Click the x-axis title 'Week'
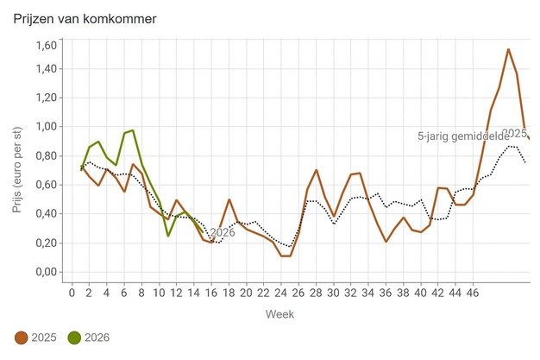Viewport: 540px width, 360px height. coord(279,313)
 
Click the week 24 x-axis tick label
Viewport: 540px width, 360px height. coord(281,292)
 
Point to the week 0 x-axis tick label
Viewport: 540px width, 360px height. coord(72,292)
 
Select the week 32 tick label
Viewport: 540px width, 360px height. coord(351,292)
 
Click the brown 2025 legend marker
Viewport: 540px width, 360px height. coord(22,338)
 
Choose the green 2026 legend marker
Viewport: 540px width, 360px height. coord(75,338)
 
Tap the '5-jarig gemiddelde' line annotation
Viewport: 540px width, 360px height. coord(462,136)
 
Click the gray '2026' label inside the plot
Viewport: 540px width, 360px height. coord(220,233)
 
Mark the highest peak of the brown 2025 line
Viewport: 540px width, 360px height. coord(508,49)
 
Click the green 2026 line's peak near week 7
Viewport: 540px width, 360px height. coord(132,130)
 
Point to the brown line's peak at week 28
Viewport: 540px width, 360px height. coord(317,170)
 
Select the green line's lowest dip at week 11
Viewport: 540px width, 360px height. coord(168,236)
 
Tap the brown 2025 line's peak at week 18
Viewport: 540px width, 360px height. coord(229,199)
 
